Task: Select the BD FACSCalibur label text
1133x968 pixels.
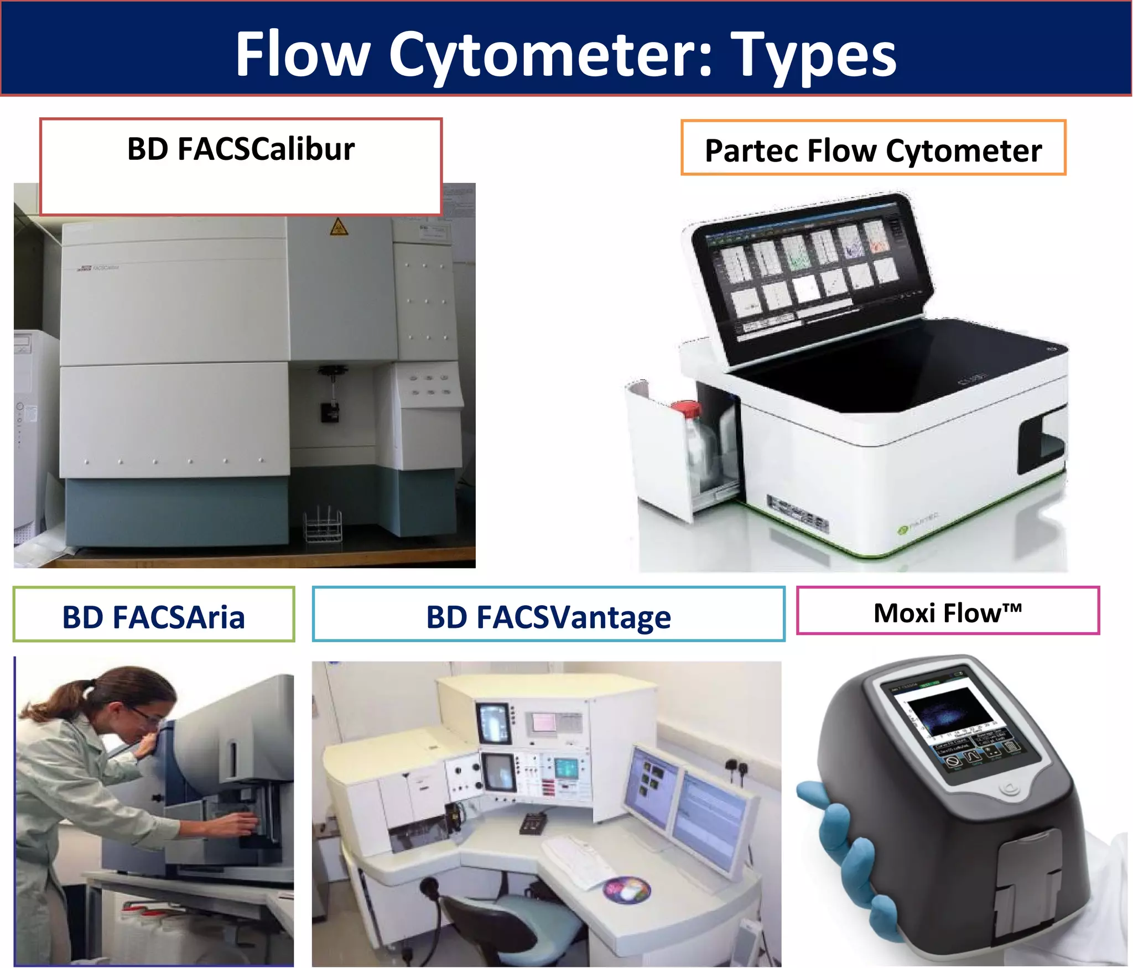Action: click(241, 149)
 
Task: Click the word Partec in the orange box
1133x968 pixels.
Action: click(752, 151)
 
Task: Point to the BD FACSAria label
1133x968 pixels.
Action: click(153, 617)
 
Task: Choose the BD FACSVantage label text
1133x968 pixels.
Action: click(548, 617)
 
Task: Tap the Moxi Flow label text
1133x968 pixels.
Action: click(947, 613)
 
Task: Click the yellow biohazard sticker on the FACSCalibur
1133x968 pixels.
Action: click(339, 227)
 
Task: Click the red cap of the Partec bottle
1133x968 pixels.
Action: click(686, 409)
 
